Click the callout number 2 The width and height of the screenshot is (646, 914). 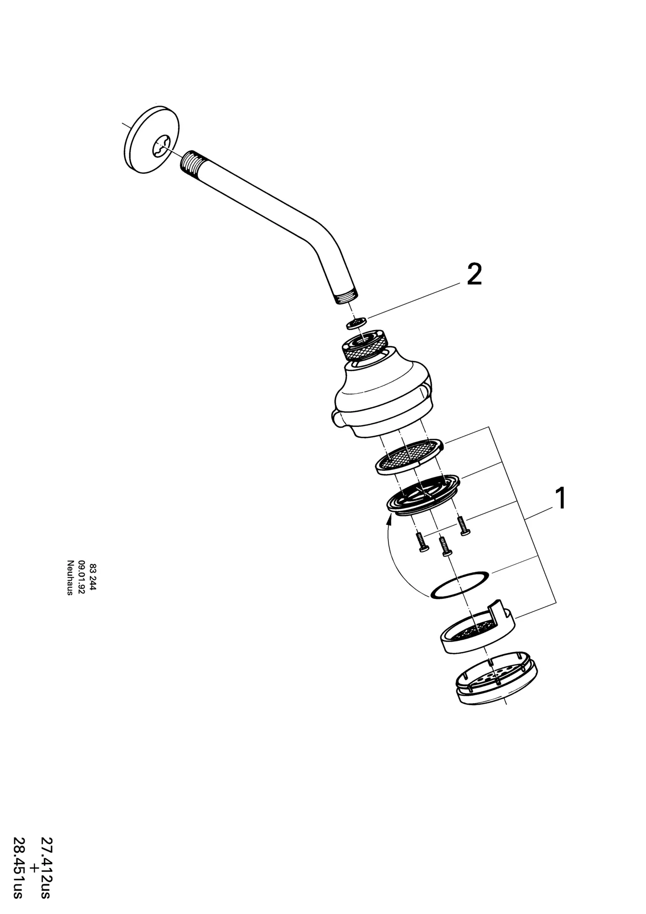474,275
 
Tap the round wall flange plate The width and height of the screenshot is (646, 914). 151,140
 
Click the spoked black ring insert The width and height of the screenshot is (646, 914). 423,496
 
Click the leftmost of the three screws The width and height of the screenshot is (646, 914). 422,543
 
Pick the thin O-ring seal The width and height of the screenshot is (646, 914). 460,584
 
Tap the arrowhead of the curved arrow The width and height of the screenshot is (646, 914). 390,519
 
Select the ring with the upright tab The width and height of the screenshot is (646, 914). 477,629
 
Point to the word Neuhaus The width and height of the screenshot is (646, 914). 70,578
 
